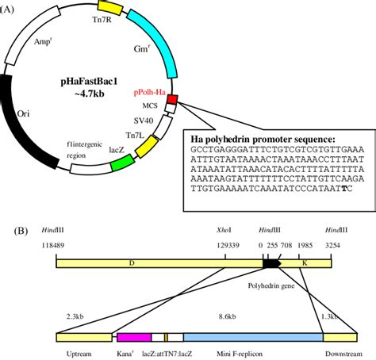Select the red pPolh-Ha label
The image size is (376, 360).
tap(149, 93)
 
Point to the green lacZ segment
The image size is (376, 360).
tap(122, 163)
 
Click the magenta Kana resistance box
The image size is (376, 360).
tap(134, 336)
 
